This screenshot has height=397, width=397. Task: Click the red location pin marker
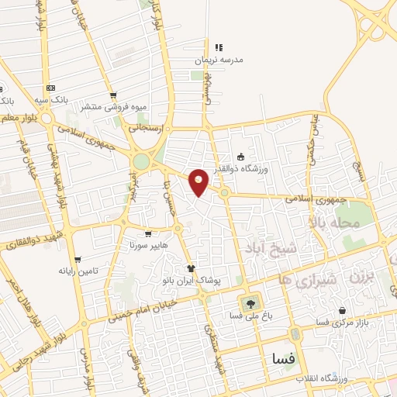point(199,181)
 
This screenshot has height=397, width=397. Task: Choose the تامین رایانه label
point(77,272)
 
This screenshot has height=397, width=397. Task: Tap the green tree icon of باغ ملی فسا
point(250,302)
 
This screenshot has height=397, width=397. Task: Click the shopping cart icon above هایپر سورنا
point(147,232)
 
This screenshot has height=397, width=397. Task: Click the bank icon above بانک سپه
point(51,88)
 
